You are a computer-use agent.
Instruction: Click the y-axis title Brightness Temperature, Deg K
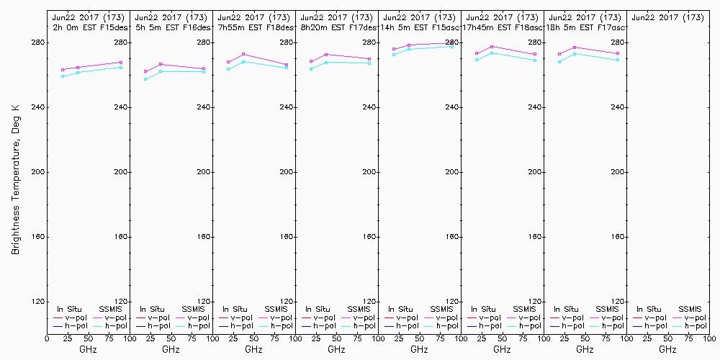[15, 179]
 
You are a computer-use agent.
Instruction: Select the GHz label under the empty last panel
[667, 349]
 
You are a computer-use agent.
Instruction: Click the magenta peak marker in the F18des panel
[243, 54]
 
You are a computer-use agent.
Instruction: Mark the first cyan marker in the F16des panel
[145, 79]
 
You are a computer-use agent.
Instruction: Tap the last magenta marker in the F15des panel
[121, 63]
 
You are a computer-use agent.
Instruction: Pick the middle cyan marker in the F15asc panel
[409, 49]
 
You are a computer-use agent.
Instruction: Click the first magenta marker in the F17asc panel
[559, 54]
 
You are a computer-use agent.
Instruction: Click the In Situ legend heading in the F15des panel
[70, 309]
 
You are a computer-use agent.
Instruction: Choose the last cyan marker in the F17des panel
[369, 63]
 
